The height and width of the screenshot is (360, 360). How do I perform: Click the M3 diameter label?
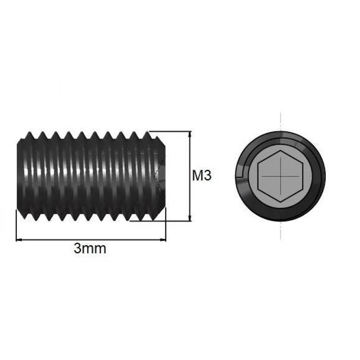click(x=202, y=176)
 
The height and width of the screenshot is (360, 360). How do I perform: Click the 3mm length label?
click(x=90, y=248)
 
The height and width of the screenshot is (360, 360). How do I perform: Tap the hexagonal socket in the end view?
click(x=280, y=176)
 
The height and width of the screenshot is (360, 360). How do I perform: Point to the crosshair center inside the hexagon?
click(x=280, y=176)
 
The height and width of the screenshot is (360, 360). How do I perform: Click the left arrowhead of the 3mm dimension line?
click(x=19, y=240)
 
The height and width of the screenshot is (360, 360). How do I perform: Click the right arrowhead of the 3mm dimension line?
click(x=163, y=240)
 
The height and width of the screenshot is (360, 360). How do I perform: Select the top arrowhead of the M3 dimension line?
click(x=189, y=134)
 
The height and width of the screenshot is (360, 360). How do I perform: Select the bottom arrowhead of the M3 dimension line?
click(x=189, y=218)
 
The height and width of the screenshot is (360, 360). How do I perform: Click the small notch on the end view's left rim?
click(x=240, y=174)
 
